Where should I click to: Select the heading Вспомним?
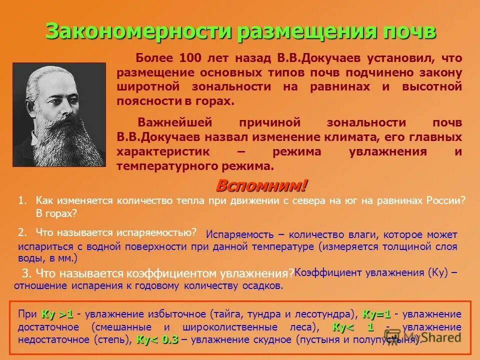click(x=261, y=186)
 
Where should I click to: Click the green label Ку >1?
click(x=57, y=314)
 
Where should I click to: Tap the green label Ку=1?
click(x=376, y=314)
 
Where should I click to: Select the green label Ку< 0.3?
click(x=157, y=339)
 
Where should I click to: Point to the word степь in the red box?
click(x=116, y=339)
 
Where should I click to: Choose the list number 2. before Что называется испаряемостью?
click(x=22, y=232)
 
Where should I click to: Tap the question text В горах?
click(x=56, y=213)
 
